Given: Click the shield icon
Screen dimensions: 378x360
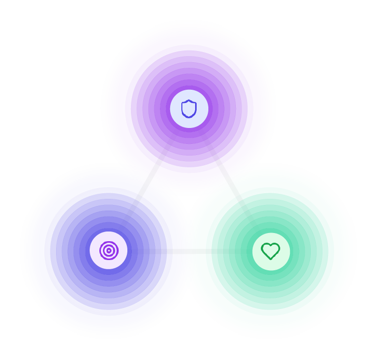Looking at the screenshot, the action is [x=189, y=109].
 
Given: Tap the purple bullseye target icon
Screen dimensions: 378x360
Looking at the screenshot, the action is [x=109, y=250].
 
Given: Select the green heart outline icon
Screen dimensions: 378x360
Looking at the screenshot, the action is [x=271, y=250].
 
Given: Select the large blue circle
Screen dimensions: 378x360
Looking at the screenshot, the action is [x=66, y=286].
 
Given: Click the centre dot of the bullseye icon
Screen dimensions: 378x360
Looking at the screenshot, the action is [x=109, y=250].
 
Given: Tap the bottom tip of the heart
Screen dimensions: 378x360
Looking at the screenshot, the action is [x=271, y=258].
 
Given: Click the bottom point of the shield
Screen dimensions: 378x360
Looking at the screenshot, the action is [x=189, y=117].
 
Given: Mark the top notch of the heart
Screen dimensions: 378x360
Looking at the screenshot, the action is [x=271, y=246].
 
